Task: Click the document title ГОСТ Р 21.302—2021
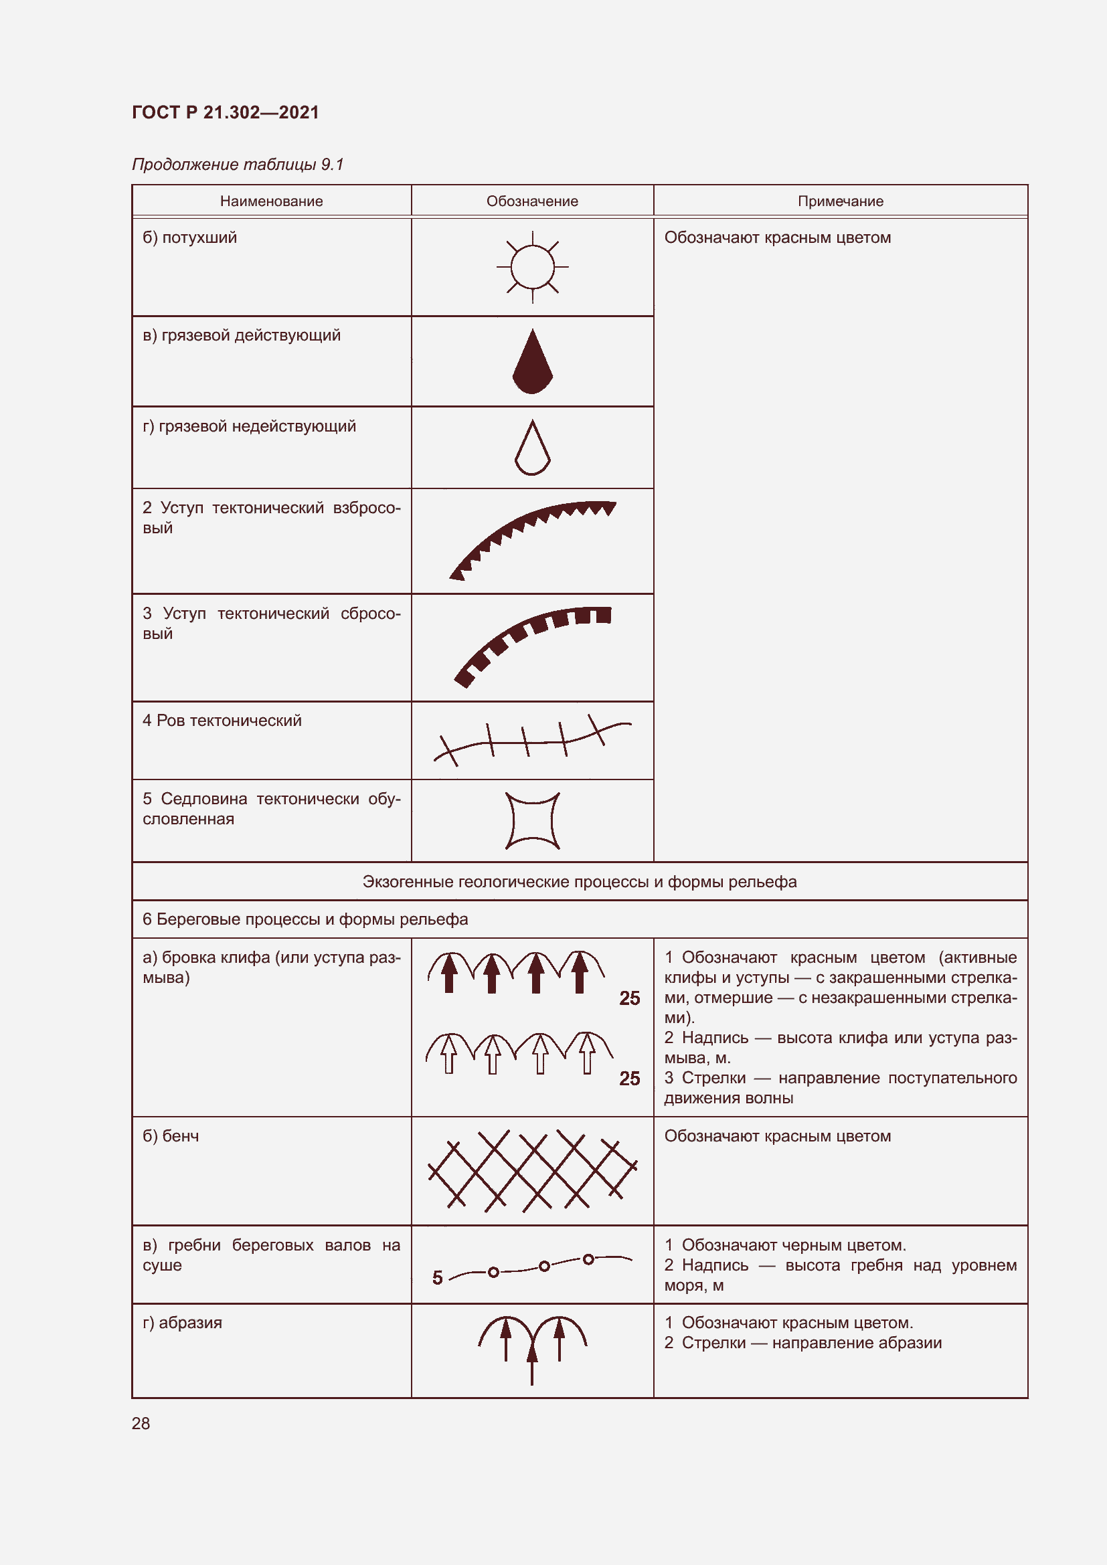click(x=225, y=112)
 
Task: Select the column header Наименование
click(x=271, y=201)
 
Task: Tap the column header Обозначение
click(x=531, y=201)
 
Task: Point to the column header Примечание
click(x=840, y=201)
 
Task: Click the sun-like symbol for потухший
click(x=532, y=266)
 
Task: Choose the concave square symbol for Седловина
click(x=532, y=821)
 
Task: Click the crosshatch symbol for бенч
click(x=531, y=1171)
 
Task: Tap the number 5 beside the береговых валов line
click(x=438, y=1278)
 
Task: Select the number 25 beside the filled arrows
click(x=629, y=998)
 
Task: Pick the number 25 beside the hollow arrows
click(x=629, y=1079)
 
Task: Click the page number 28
click(x=141, y=1423)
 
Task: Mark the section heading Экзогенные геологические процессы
click(x=580, y=882)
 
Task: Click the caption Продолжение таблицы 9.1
click(x=237, y=165)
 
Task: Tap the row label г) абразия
click(x=182, y=1323)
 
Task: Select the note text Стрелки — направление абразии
click(x=811, y=1343)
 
